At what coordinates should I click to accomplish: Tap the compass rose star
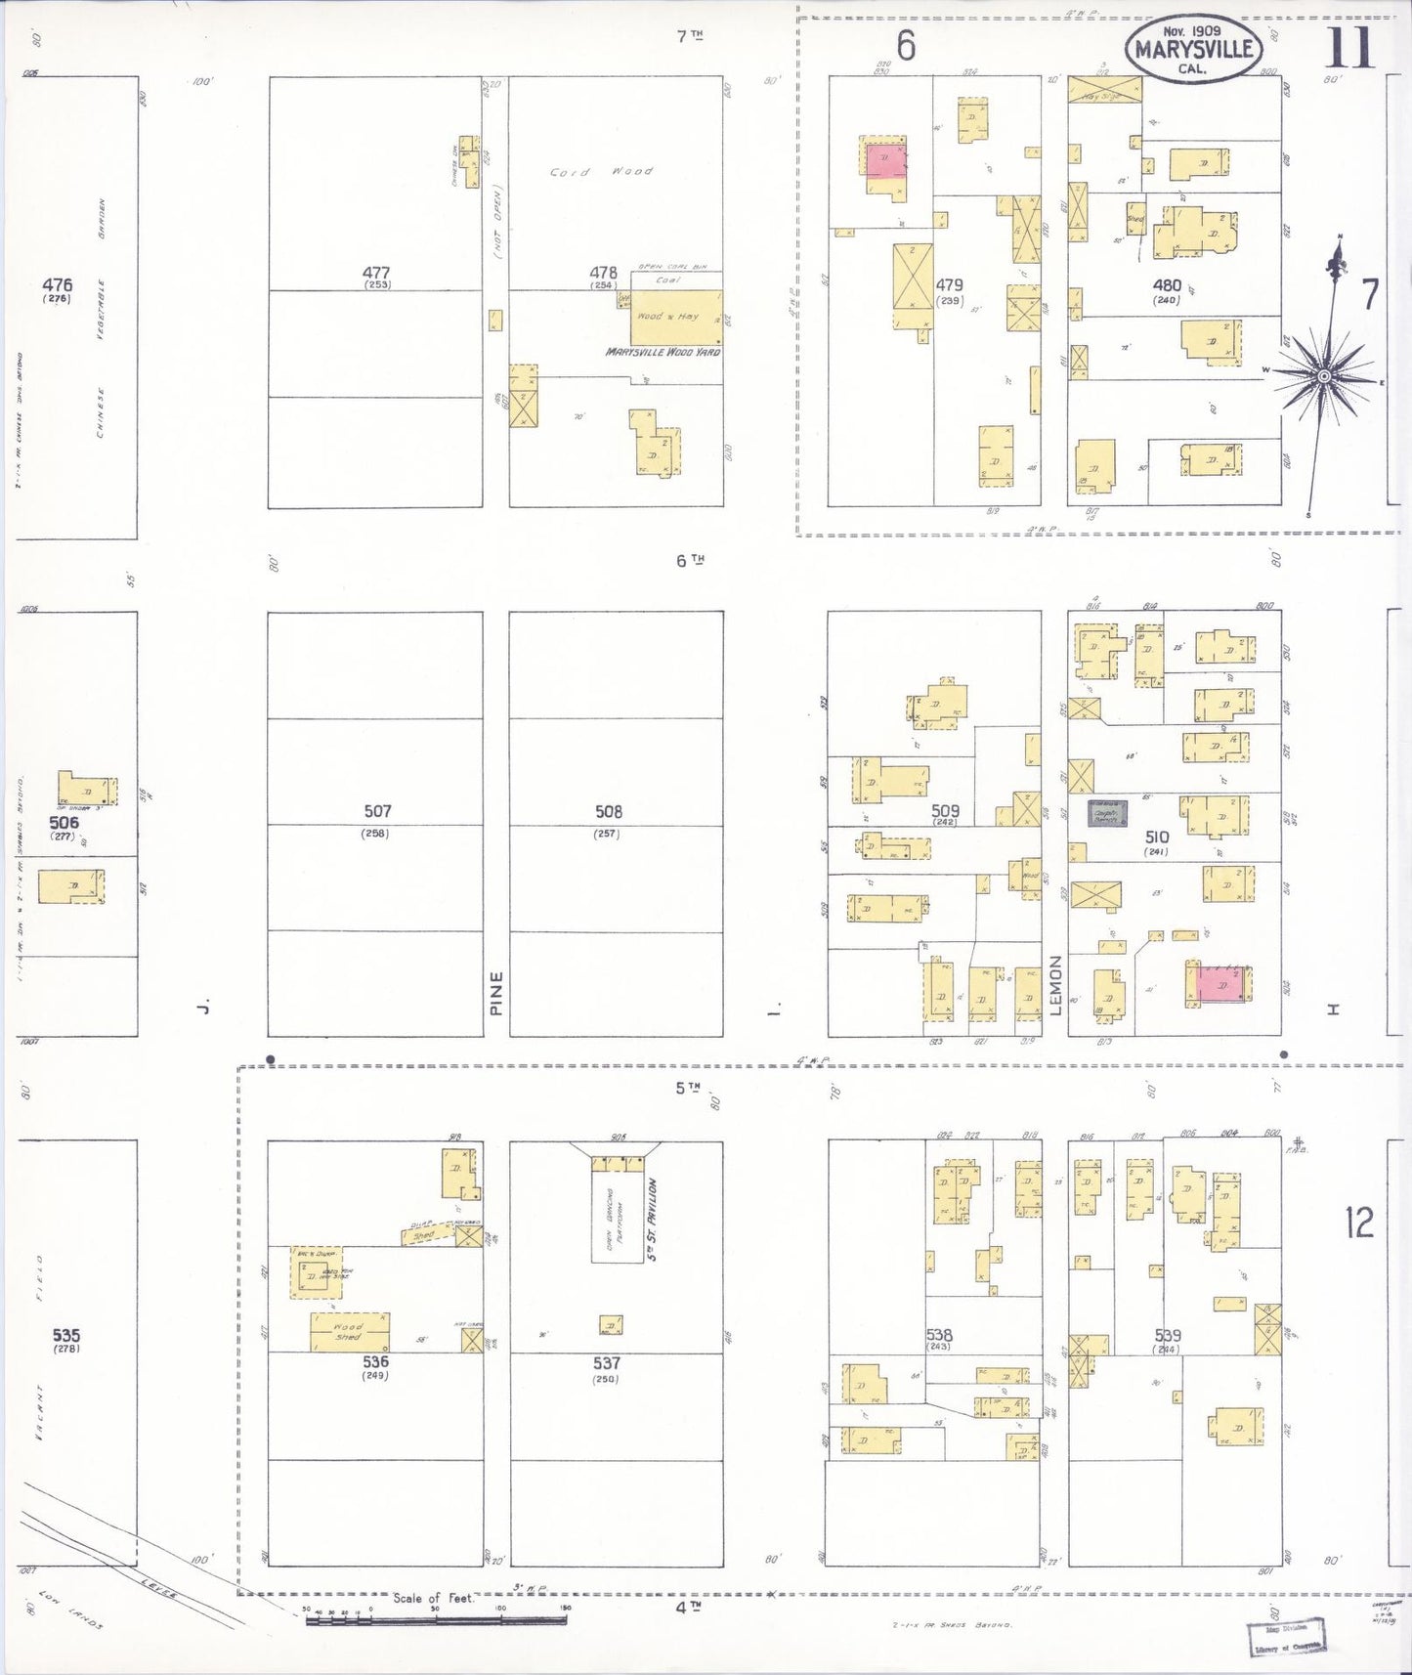[1324, 376]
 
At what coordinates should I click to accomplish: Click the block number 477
[375, 273]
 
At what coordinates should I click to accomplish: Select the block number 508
[608, 811]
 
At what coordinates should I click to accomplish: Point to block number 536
[375, 1361]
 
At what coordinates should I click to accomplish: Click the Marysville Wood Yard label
[663, 352]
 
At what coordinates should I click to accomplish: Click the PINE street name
[496, 992]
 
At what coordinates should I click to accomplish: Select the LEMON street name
[1055, 985]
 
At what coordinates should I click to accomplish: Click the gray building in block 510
[1108, 813]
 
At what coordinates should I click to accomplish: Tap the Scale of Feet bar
[435, 1619]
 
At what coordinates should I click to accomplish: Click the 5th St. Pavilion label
[652, 1219]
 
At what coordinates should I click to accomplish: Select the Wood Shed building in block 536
[350, 1332]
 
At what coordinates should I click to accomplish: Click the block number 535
[66, 1336]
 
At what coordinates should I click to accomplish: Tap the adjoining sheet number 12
[1358, 1222]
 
